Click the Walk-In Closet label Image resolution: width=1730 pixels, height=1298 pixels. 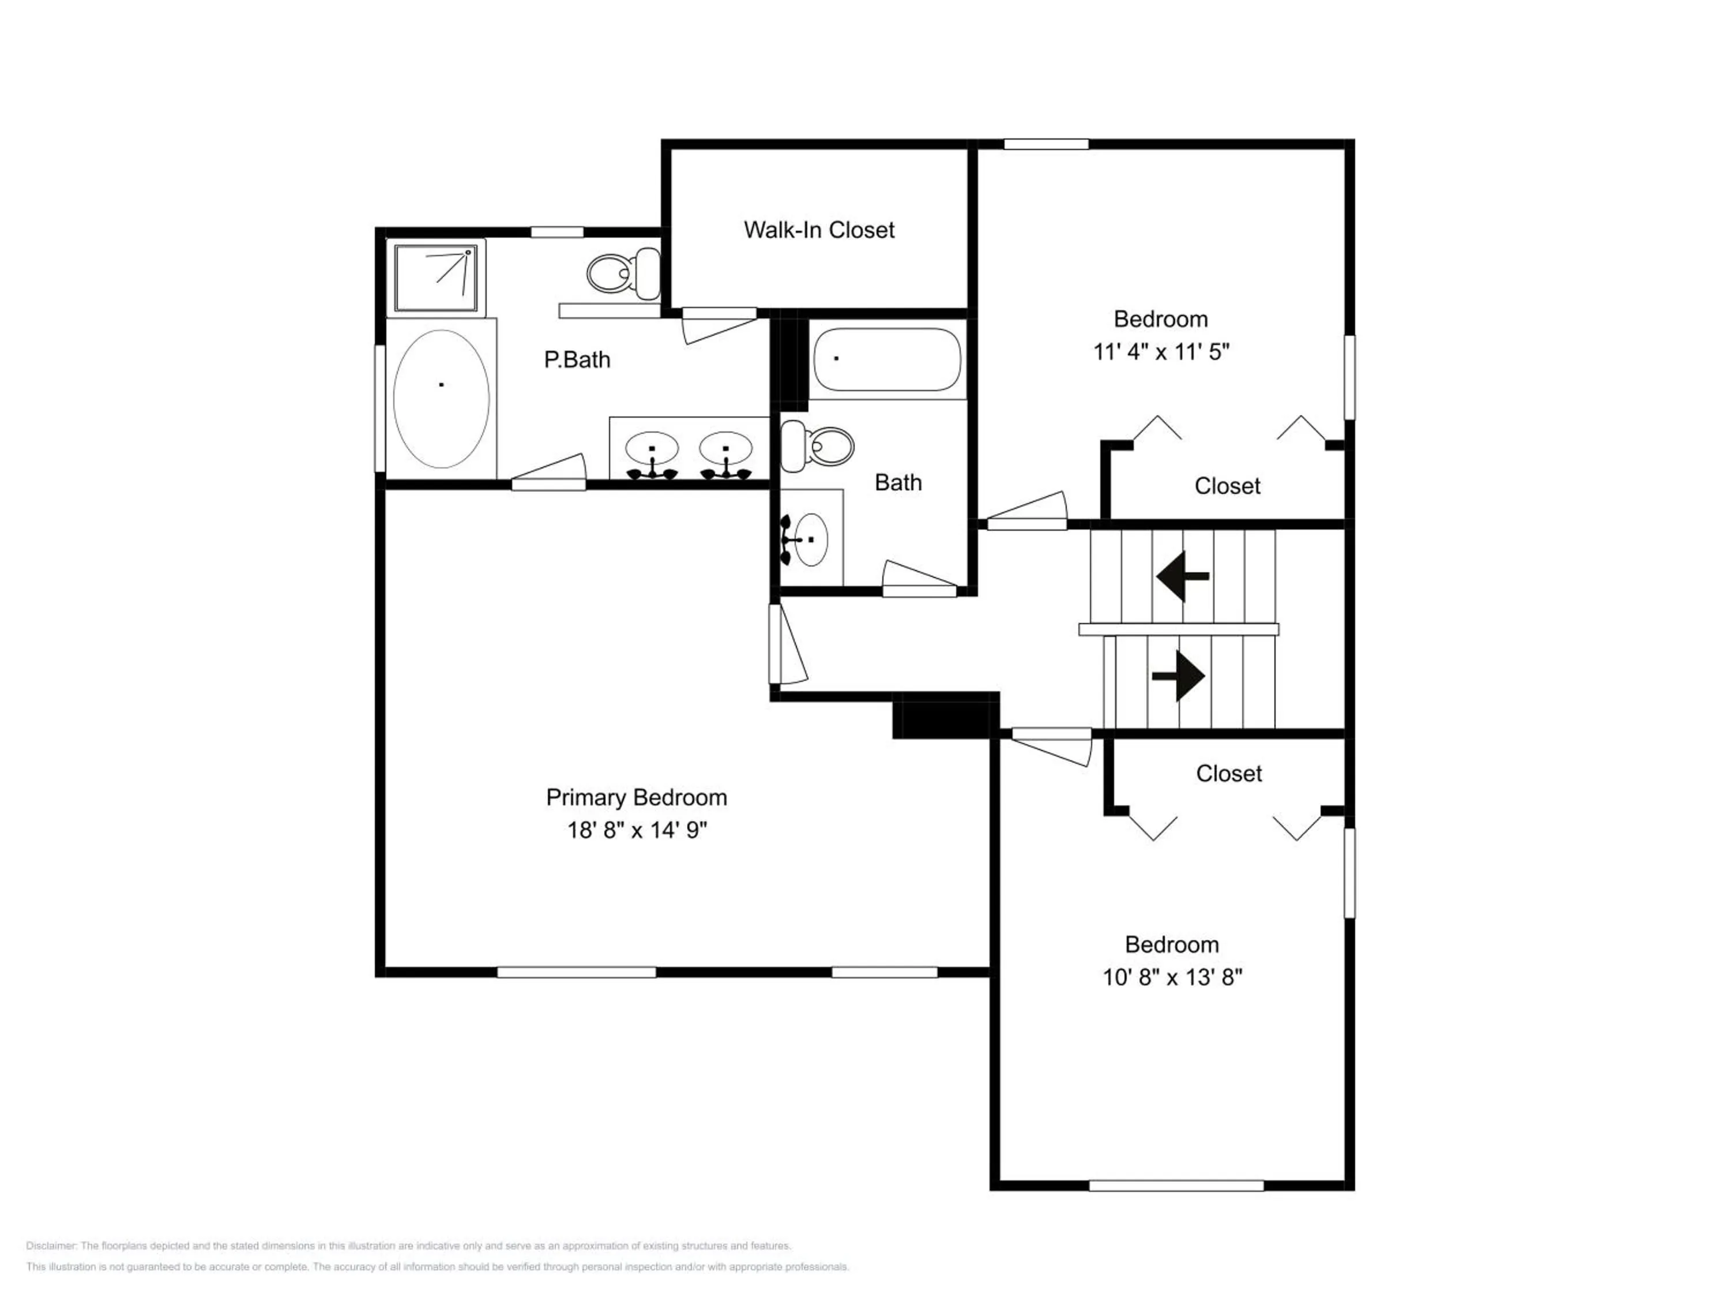819,230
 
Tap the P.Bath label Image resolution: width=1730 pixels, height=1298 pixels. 577,360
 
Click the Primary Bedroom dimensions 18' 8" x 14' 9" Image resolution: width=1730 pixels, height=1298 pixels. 637,830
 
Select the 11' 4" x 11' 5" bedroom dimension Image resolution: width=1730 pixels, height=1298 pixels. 1161,351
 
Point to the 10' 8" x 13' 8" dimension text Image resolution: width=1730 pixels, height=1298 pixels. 1172,977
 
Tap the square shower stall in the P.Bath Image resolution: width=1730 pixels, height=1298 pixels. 435,277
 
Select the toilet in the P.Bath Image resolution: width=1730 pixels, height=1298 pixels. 623,273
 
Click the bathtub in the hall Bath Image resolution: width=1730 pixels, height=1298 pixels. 887,359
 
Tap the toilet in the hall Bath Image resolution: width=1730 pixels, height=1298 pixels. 817,447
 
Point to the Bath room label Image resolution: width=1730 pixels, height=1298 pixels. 898,483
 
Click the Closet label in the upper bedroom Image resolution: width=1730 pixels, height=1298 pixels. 1227,486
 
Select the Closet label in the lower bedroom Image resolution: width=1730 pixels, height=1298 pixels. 1229,774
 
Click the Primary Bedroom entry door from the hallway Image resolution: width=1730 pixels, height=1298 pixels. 786,643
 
